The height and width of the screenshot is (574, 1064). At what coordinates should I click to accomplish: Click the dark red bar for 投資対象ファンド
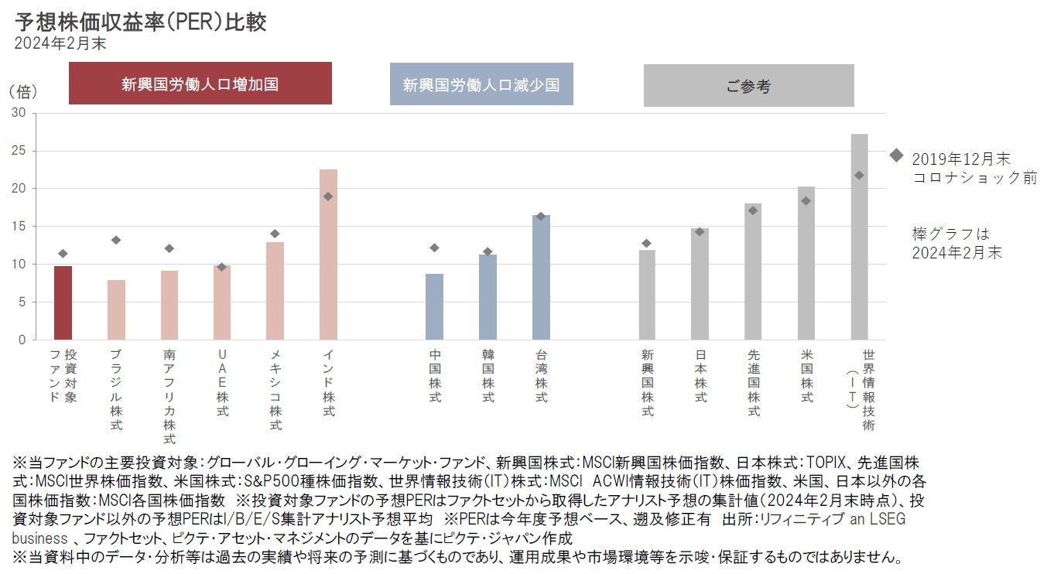click(x=63, y=302)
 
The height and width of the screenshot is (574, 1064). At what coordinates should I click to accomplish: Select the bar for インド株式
click(x=328, y=255)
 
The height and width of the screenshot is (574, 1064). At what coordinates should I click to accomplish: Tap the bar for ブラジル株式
click(x=116, y=309)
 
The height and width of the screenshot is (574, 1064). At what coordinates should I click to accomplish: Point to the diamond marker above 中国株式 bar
click(x=434, y=248)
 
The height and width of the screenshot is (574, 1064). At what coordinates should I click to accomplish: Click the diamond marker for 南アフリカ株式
click(x=169, y=248)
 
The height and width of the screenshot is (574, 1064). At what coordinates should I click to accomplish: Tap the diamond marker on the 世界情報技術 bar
click(x=859, y=175)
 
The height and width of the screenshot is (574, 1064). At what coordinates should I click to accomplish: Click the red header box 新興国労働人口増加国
click(x=200, y=84)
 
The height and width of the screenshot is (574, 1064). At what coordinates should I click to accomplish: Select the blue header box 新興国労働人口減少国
click(x=481, y=84)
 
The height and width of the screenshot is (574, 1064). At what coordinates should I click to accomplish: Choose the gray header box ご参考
click(x=748, y=85)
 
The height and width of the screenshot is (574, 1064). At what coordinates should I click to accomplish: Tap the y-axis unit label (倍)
click(x=23, y=91)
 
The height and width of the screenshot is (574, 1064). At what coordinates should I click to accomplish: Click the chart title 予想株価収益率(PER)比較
click(x=140, y=22)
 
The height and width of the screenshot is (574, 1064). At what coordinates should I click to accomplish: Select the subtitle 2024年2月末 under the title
click(x=60, y=44)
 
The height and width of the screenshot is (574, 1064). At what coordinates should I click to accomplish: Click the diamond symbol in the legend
click(x=896, y=155)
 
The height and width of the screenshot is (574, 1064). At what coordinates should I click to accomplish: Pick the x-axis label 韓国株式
click(x=488, y=375)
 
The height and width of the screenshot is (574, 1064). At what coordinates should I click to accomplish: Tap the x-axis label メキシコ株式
click(x=275, y=390)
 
